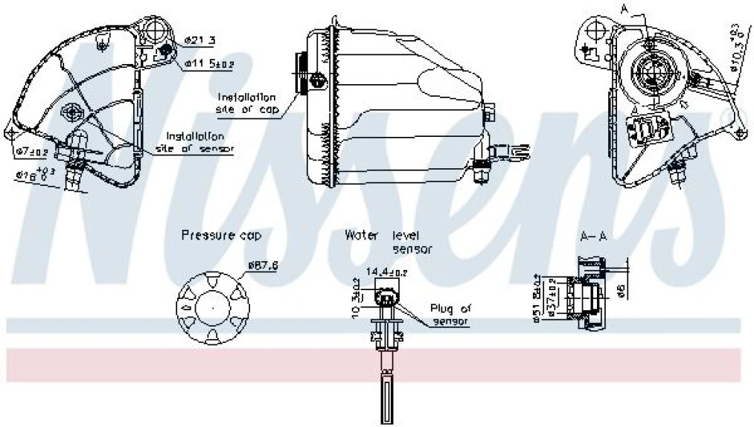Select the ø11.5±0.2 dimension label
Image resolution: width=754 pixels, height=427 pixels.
pos(208,65)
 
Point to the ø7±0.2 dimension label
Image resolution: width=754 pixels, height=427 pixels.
pos(31,152)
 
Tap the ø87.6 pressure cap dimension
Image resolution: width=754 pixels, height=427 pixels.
pos(263,265)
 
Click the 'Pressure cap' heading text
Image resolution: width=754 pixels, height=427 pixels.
pos(222,236)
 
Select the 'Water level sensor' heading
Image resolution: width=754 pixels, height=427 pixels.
pos(389,241)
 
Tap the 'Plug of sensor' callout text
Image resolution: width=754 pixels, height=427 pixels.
pos(450,314)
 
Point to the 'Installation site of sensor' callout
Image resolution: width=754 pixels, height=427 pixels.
pos(195,142)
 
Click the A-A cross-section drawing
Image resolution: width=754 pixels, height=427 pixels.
pos(588,294)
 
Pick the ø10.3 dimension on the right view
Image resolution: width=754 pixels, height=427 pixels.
pos(735,48)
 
